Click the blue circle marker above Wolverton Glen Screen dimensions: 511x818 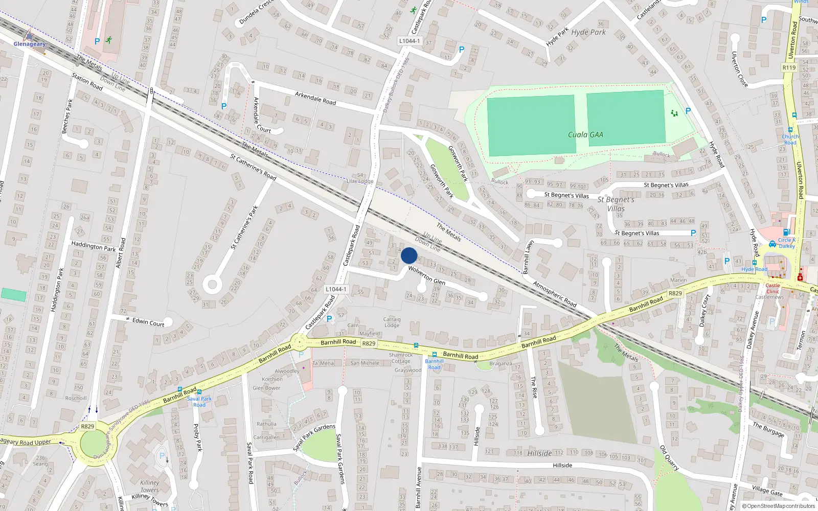pos(409,255)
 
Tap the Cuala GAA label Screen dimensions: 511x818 pos(585,135)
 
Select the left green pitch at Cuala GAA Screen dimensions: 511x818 pos(531,125)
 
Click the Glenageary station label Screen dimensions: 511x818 pos(29,44)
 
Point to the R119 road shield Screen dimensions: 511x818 pos(789,67)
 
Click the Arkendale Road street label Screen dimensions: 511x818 pos(315,98)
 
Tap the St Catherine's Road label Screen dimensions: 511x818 pos(253,167)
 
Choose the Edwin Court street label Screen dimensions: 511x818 pos(148,322)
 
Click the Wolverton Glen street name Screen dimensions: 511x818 pos(426,275)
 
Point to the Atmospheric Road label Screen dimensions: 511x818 pos(555,294)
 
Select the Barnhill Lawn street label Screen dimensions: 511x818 pos(528,257)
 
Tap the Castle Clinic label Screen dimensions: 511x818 pos(772,288)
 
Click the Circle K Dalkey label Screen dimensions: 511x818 pos(787,243)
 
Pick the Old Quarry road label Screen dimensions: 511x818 pos(669,458)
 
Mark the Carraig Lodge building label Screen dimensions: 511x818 pos(392,322)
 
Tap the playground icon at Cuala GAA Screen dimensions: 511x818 pos(674,113)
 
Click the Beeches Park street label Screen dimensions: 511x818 pos(67,116)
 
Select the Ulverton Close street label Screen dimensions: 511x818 pos(739,69)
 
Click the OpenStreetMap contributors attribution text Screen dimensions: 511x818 pos(779,506)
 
